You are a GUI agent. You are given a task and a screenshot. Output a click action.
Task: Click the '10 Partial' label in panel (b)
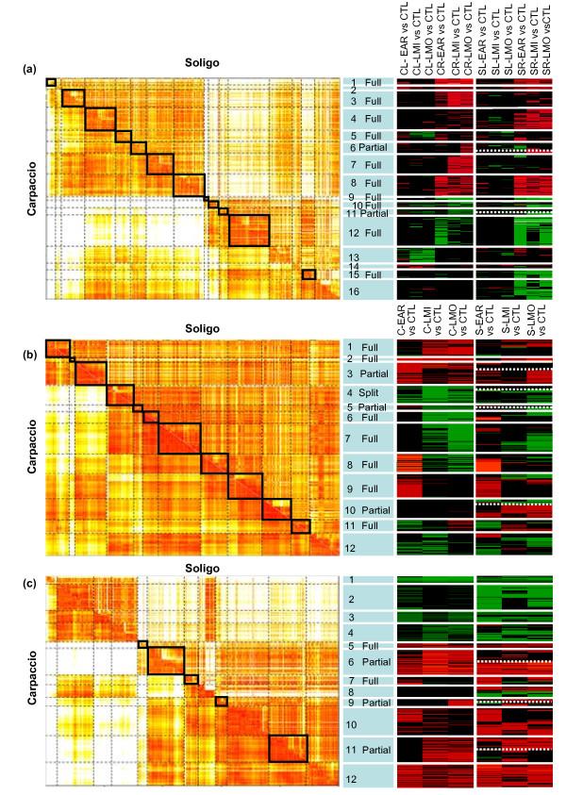[367, 510]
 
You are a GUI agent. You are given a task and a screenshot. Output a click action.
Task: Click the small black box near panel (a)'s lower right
[308, 274]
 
